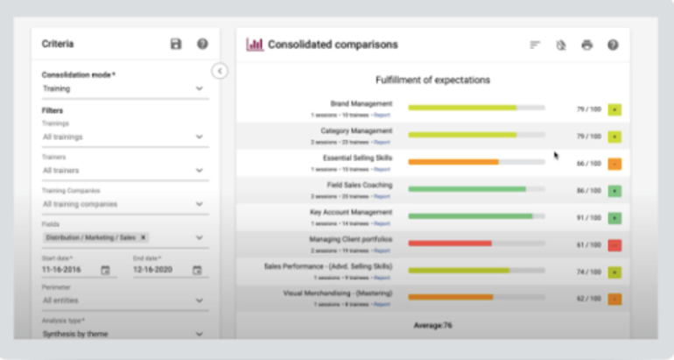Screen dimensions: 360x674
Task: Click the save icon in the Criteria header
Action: pyautogui.click(x=176, y=44)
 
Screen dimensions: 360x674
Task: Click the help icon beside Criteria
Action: pyautogui.click(x=202, y=44)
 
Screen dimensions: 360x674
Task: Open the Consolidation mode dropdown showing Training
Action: pyautogui.click(x=123, y=88)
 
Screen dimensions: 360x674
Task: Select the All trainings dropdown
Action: pyautogui.click(x=123, y=137)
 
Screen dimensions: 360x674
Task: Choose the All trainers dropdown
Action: pyautogui.click(x=123, y=170)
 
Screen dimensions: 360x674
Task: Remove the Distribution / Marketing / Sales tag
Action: pyautogui.click(x=144, y=237)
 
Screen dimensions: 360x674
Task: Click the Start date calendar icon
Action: pyautogui.click(x=106, y=271)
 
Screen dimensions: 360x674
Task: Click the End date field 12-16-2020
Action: pyautogui.click(x=158, y=271)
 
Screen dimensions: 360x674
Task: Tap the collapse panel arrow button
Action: pyautogui.click(x=220, y=71)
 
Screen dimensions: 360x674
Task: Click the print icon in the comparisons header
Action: pyautogui.click(x=586, y=45)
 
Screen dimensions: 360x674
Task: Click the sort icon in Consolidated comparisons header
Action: pyautogui.click(x=535, y=45)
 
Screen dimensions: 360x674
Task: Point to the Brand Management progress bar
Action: pyautogui.click(x=476, y=108)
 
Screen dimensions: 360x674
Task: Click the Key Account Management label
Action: pyautogui.click(x=351, y=211)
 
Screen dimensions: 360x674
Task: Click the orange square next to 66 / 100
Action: pyautogui.click(x=614, y=163)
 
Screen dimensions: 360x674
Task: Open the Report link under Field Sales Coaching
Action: pyautogui.click(x=382, y=197)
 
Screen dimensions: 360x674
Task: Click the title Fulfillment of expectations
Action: pyautogui.click(x=432, y=80)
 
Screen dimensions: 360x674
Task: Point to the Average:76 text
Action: pyautogui.click(x=432, y=326)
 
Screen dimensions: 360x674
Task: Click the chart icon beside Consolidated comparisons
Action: pyautogui.click(x=255, y=44)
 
